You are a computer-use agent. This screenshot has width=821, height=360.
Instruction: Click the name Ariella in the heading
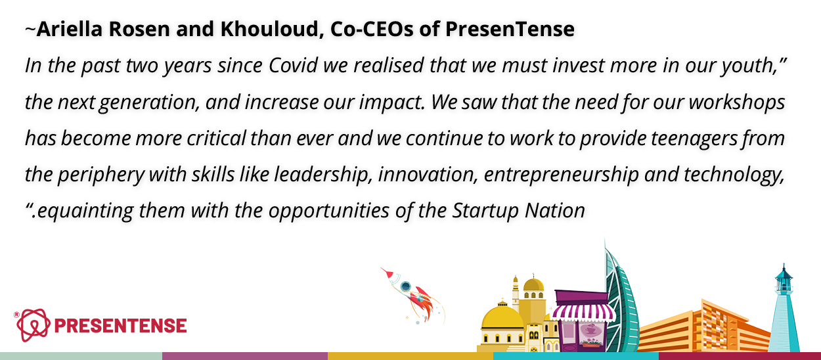point(70,29)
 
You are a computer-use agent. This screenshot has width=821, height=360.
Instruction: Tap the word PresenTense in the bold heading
point(510,29)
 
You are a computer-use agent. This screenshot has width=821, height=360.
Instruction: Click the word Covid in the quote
point(293,65)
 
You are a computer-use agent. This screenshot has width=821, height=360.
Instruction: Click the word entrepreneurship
point(561,175)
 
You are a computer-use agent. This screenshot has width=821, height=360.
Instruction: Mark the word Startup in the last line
point(485,211)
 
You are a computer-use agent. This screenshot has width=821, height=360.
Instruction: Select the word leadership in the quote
point(321,175)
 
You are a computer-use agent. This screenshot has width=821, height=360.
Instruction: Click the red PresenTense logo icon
point(33,325)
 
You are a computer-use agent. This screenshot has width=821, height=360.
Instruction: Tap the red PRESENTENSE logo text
point(121,326)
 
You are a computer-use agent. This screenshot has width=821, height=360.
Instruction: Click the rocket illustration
point(412,296)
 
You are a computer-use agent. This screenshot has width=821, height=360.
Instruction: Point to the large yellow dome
point(502,317)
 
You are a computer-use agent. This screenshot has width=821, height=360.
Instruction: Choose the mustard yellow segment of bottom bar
point(410,356)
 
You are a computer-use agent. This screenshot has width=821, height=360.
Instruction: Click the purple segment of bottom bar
point(245,356)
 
